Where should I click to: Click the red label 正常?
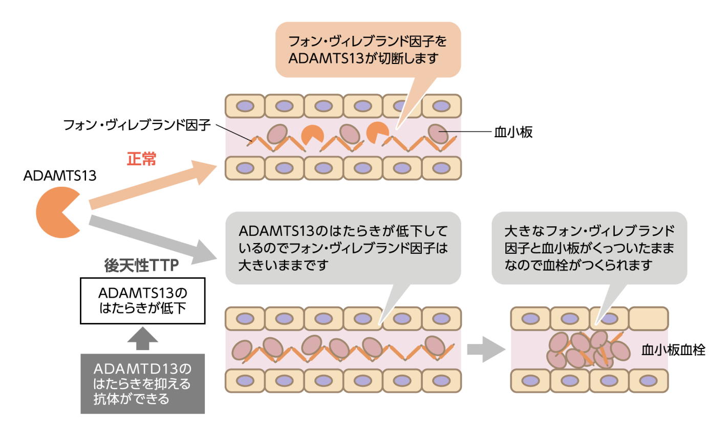point(141,159)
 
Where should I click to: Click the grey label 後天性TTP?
point(141,266)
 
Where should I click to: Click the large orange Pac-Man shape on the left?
point(57,212)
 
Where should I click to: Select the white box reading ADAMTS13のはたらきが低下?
point(142,301)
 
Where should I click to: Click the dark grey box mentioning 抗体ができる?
point(142,384)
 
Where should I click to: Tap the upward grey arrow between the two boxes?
point(142,338)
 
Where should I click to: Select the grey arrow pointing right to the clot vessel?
point(485,350)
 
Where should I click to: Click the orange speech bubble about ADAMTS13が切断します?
point(368,50)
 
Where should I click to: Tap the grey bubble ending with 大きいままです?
point(343,248)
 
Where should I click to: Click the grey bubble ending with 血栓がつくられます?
point(589,248)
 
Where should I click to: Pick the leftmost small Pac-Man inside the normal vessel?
point(312,135)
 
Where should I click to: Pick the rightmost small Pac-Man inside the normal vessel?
point(377,133)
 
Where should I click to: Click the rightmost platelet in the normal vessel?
point(438,134)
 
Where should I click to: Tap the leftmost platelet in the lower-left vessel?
point(242,351)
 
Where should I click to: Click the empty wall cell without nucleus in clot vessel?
point(648,319)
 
